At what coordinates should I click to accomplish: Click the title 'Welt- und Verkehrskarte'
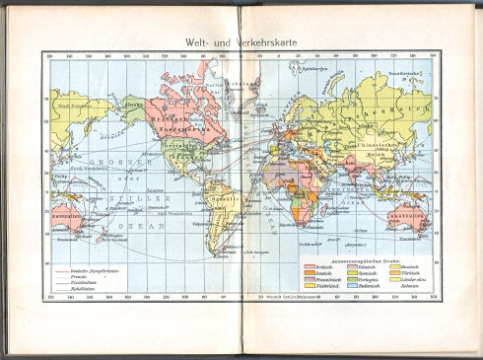point(241,42)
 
